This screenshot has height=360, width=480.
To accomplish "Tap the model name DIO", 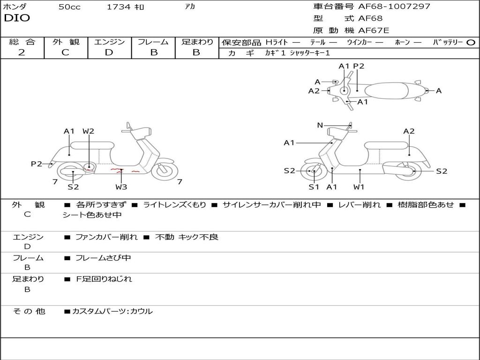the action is tap(17, 18).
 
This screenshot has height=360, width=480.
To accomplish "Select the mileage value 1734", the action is tap(118, 7).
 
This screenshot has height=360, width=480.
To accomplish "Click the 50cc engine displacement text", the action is tap(69, 7).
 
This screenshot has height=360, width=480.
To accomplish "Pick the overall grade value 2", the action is tap(22, 52).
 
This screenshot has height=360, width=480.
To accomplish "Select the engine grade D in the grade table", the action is tap(109, 52).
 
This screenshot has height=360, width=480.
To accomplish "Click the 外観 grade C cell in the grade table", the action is tap(65, 52).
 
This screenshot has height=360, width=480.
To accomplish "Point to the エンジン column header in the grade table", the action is tap(109, 42).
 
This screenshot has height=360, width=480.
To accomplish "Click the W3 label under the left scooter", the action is tap(121, 187).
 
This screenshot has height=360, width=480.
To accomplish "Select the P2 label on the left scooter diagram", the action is tap(37, 164).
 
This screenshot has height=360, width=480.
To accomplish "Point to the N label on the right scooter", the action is tap(320, 125).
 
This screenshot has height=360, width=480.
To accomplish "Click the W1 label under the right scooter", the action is tap(359, 187).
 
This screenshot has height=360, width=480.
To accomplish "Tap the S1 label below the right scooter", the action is tap(314, 187).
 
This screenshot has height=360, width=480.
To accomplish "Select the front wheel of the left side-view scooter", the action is tap(164, 171).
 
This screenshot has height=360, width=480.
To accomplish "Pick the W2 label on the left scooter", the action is tap(88, 131).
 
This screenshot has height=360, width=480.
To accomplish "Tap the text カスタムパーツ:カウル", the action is tap(112, 311).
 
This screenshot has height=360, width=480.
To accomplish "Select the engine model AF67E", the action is tap(374, 31).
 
